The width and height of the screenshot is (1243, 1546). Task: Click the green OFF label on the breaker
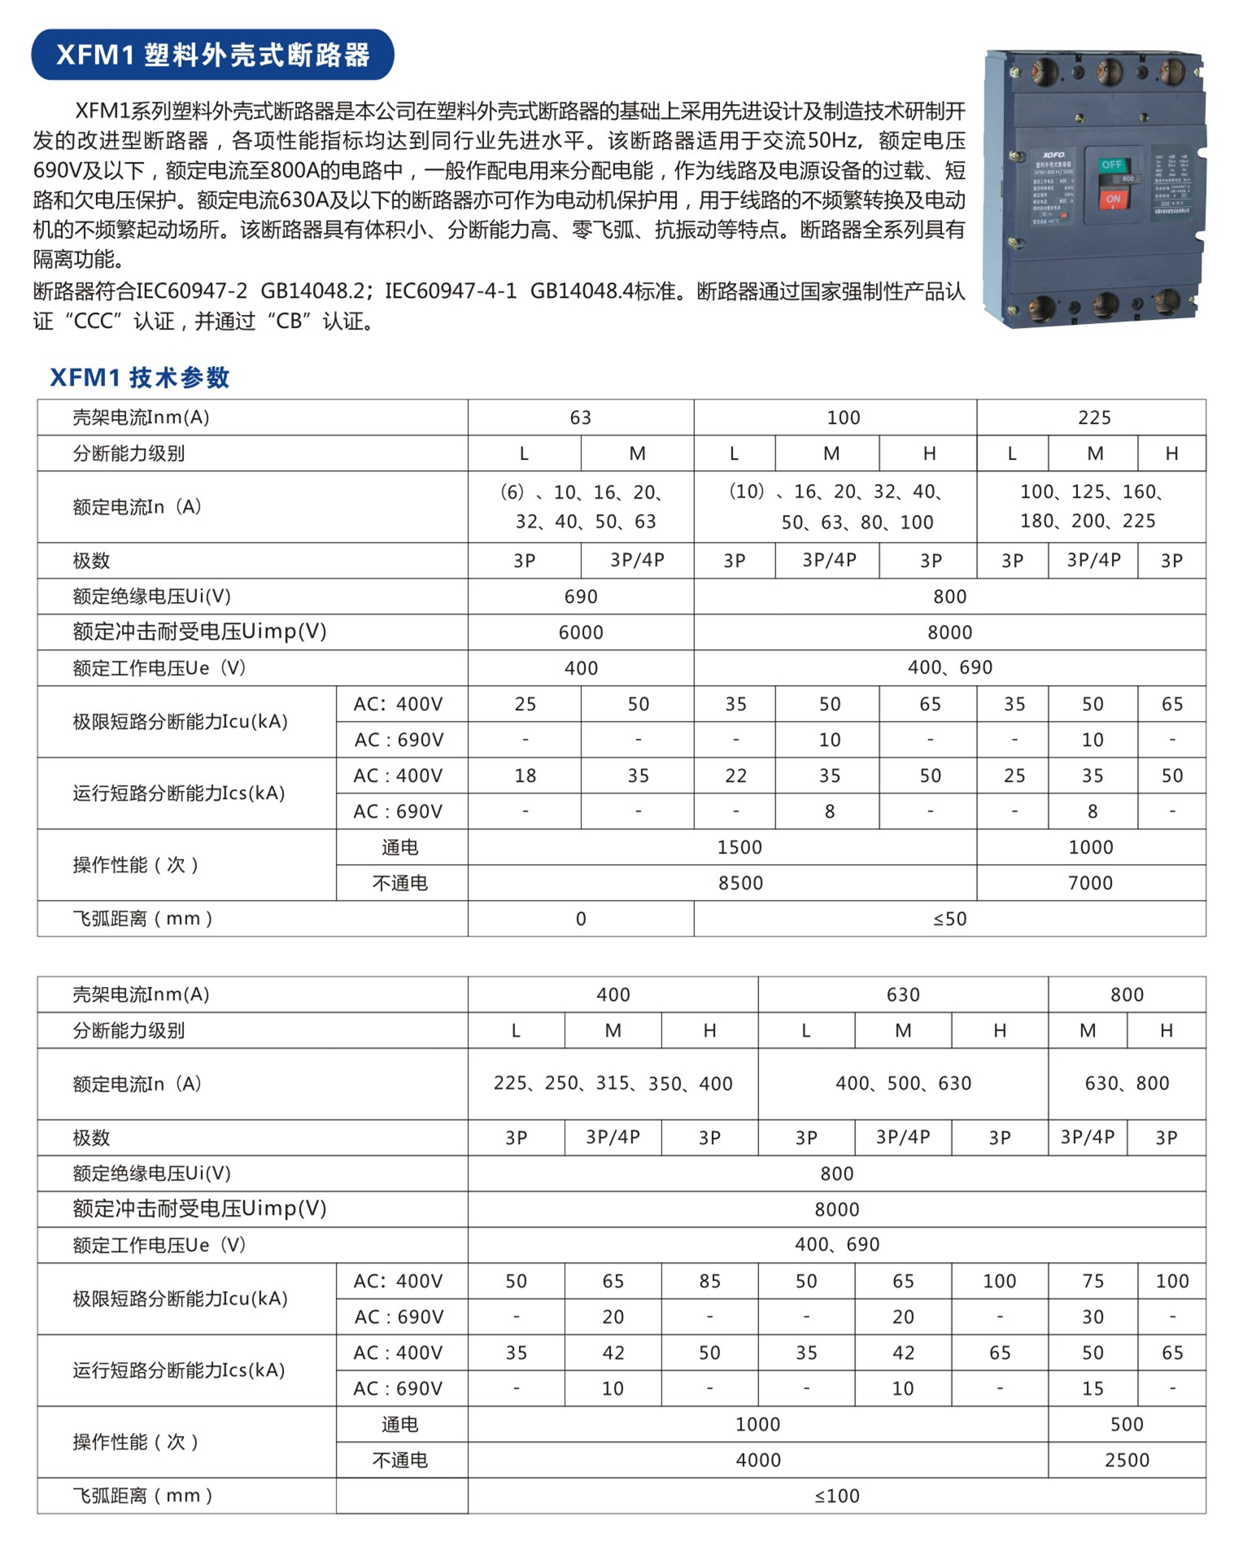point(1111,165)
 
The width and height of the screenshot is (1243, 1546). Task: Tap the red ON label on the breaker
point(1112,199)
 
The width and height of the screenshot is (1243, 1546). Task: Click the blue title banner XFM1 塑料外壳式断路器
point(212,55)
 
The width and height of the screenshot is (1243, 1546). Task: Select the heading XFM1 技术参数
point(140,378)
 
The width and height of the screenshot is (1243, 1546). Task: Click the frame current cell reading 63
point(580,417)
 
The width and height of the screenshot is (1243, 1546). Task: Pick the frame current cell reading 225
point(1093,417)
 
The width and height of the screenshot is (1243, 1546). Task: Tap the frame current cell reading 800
point(1127,994)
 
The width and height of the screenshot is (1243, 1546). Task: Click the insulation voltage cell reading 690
point(580,596)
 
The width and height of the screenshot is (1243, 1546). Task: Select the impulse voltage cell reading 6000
point(580,632)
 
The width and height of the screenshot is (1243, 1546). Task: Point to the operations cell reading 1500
point(739,847)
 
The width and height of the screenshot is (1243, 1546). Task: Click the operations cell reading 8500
point(739,883)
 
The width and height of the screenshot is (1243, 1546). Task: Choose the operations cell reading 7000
point(1090,883)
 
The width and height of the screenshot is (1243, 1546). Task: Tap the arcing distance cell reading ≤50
point(949,919)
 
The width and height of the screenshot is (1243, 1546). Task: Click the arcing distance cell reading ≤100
point(836,1496)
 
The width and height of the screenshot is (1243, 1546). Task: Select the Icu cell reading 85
point(709,1281)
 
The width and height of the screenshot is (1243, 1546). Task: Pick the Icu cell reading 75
point(1093,1281)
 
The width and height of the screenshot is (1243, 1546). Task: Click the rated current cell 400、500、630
point(903,1083)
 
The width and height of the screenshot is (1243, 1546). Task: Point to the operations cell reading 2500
point(1127,1460)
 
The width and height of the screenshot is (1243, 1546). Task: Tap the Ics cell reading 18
point(525,775)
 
